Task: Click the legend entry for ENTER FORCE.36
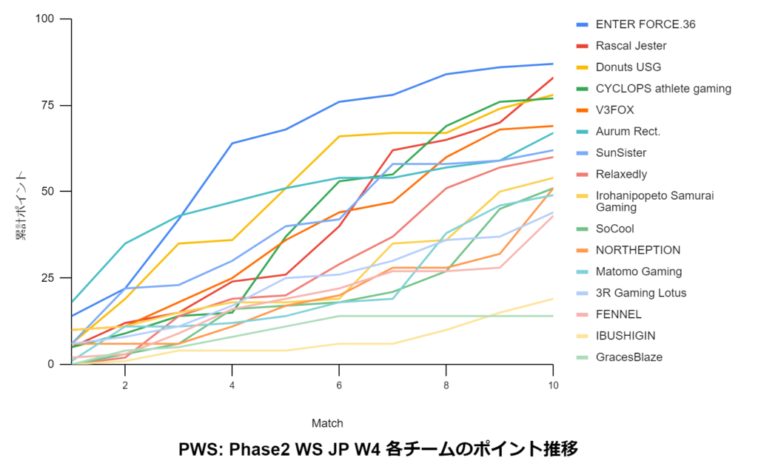645,24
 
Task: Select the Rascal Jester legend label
631,46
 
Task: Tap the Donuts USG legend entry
628,67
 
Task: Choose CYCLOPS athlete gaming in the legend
663,89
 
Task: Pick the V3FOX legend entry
614,110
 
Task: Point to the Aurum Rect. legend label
628,132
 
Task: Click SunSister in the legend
620,153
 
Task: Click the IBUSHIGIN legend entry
625,336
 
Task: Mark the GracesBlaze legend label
629,357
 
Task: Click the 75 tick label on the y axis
48,105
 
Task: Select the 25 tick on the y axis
48,278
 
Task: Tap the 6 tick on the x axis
339,385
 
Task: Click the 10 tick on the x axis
553,385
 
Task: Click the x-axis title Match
327,423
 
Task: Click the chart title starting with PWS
378,450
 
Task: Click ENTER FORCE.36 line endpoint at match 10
553,64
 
